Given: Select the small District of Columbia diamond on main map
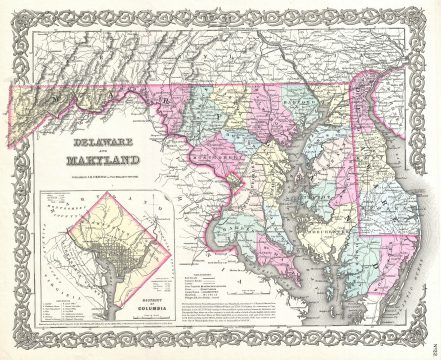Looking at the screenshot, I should pyautogui.click(x=232, y=180).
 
